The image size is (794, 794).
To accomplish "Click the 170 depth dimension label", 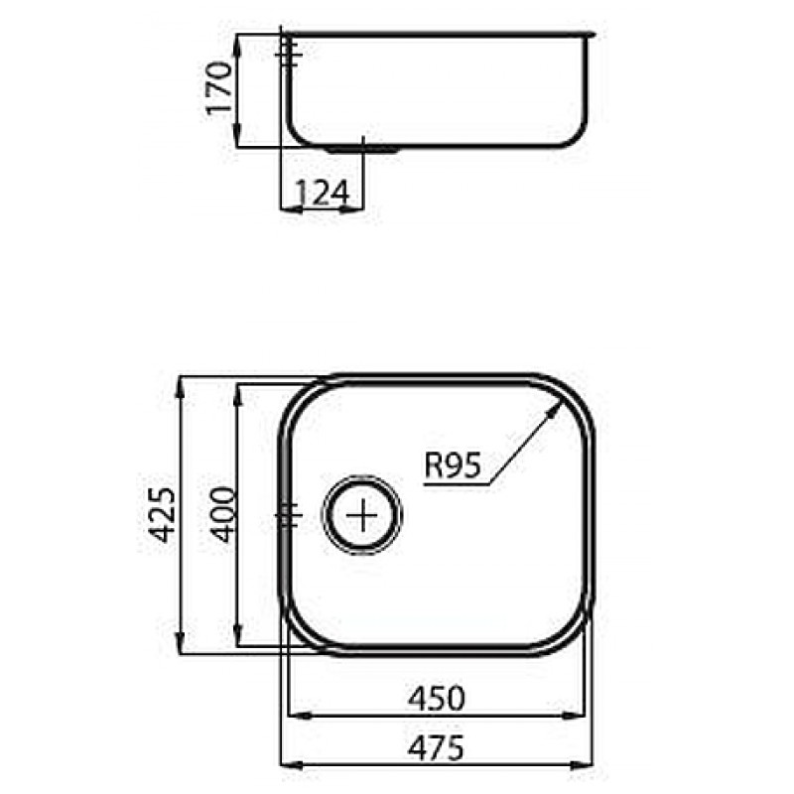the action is pyautogui.click(x=219, y=88).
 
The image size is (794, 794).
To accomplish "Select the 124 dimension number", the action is pyautogui.click(x=322, y=193).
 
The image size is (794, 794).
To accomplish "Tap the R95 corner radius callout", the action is pyautogui.click(x=452, y=464).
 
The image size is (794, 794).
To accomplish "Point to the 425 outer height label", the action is pyautogui.click(x=164, y=514).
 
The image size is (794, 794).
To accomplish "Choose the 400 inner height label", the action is pyautogui.click(x=222, y=514).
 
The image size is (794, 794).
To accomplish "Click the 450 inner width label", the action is pyautogui.click(x=436, y=699).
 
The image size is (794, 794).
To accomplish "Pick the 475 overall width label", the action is pyautogui.click(x=436, y=748).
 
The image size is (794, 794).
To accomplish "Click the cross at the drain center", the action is pyautogui.click(x=362, y=515).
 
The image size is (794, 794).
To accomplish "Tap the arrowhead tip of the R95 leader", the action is pyautogui.click(x=563, y=400).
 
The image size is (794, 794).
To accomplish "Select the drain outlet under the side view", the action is pyautogui.click(x=363, y=150).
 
